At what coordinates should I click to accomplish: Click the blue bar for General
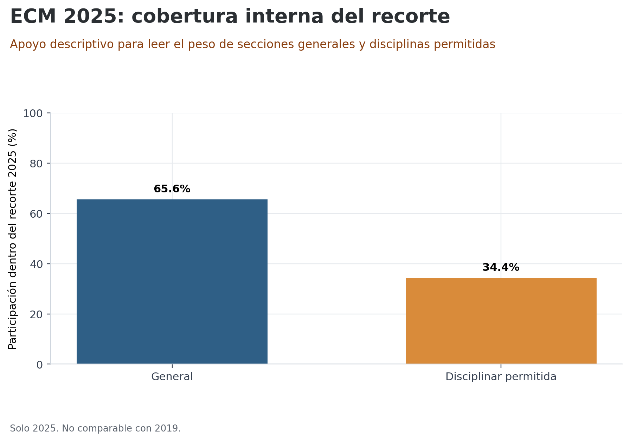pos(172,281)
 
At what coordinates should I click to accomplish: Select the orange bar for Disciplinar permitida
pos(501,321)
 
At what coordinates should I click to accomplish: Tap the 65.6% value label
pos(172,189)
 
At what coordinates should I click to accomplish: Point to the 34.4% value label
pos(501,267)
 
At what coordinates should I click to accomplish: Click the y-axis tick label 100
pos(33,114)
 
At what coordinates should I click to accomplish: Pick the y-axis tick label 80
pos(36,164)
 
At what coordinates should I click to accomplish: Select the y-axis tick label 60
pos(36,214)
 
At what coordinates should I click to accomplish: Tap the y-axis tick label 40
pos(36,264)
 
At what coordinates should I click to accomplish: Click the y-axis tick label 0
pos(39,365)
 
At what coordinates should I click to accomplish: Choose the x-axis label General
pos(172,377)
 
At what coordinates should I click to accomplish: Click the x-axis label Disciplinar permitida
pos(501,377)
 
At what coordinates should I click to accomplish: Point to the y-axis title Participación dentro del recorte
pos(13,239)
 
